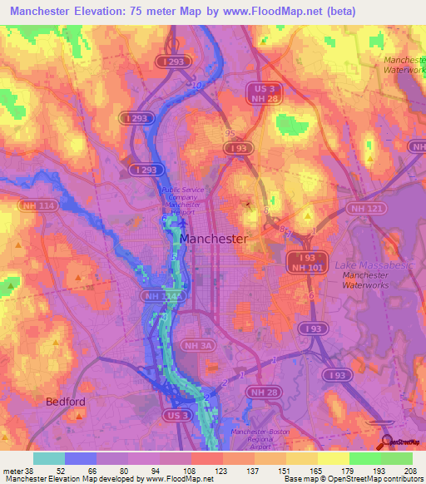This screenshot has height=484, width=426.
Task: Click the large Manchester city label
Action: pos(213,239)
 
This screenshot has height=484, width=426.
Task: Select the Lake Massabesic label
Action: pos(370,264)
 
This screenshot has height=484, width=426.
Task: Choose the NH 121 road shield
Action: pos(366,208)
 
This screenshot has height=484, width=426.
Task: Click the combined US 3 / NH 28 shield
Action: pos(265,94)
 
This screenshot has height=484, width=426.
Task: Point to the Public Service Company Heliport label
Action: pos(181,200)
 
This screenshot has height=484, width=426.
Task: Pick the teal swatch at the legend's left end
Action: pos(49,458)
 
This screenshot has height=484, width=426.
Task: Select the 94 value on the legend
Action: pos(155,471)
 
